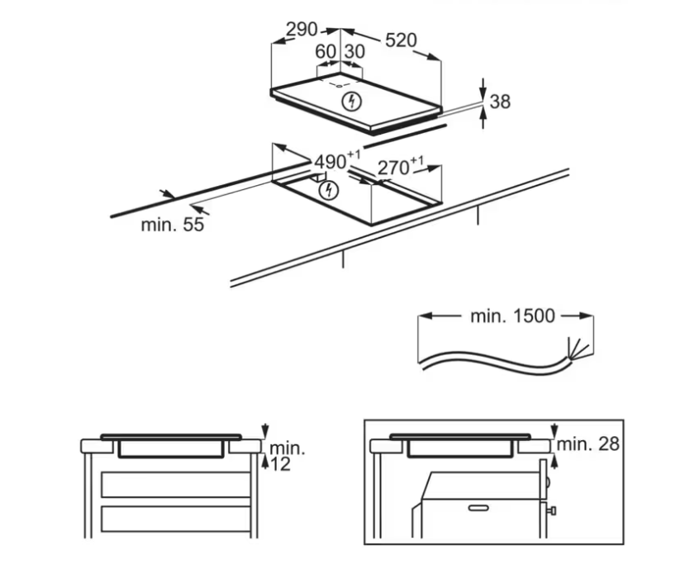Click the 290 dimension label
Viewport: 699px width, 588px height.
302,30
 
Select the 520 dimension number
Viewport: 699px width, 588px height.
401,40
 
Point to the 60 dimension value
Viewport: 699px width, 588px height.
326,52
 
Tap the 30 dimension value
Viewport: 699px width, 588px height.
354,52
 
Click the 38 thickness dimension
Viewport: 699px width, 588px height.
500,102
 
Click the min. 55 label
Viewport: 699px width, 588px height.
173,225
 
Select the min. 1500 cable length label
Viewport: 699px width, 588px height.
512,315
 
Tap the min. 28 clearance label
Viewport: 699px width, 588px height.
588,443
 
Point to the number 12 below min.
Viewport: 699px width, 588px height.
280,465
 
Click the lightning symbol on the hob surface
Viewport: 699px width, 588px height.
352,102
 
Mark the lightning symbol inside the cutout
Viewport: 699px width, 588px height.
329,191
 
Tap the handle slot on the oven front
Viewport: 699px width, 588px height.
478,508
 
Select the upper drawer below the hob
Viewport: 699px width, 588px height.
176,485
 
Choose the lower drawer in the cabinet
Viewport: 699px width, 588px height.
176,519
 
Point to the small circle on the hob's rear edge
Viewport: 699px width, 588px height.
340,86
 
